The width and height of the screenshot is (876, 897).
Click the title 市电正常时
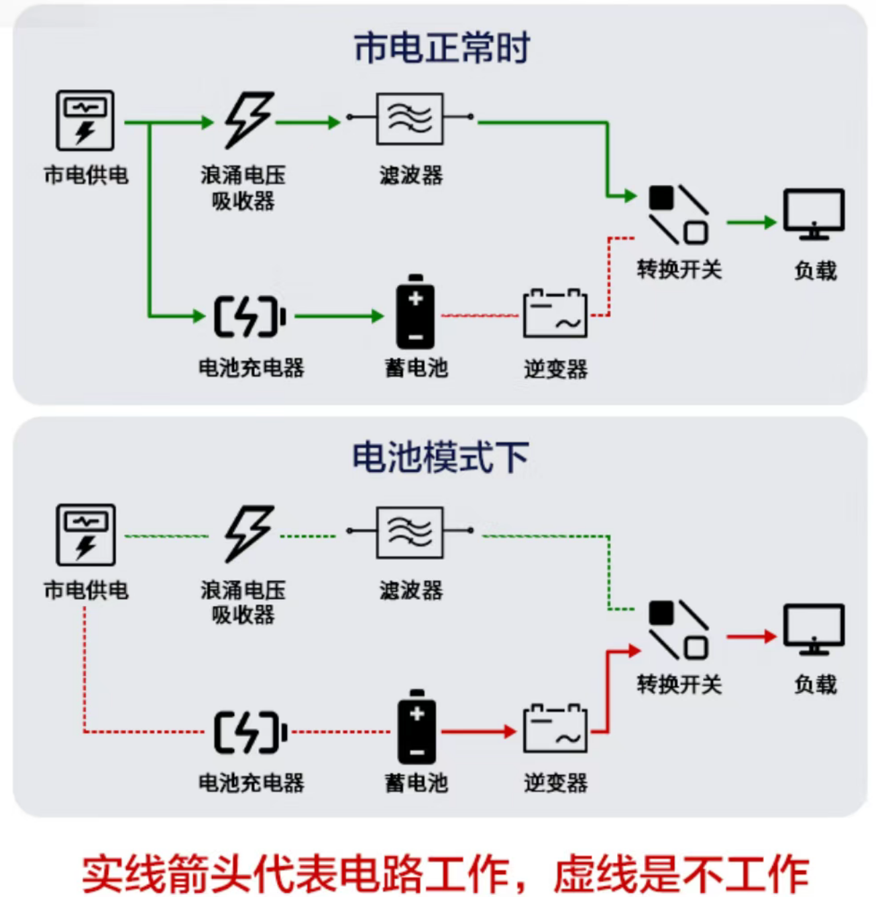click(x=441, y=48)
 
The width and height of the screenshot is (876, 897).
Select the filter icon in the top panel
click(x=409, y=119)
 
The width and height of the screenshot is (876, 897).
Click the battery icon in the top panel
click(x=415, y=312)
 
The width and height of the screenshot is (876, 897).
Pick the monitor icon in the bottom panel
click(x=814, y=629)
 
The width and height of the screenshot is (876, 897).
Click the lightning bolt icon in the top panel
click(x=248, y=119)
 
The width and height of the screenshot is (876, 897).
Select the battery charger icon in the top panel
click(x=249, y=316)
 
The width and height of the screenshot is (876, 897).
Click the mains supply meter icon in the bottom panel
click(x=85, y=534)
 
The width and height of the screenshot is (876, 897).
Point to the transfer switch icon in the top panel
click(x=678, y=215)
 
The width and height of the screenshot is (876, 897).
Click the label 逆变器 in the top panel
click(x=555, y=369)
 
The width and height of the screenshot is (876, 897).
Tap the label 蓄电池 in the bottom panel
click(x=416, y=782)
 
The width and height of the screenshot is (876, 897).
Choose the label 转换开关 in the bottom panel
click(x=679, y=684)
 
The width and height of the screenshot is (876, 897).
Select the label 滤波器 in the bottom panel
click(x=410, y=590)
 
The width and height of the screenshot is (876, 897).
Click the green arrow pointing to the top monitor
click(x=751, y=222)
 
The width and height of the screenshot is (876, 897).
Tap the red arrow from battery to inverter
click(x=478, y=731)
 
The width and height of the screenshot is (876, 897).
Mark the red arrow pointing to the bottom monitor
click(x=751, y=636)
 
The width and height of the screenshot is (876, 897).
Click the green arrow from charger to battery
click(x=339, y=316)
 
